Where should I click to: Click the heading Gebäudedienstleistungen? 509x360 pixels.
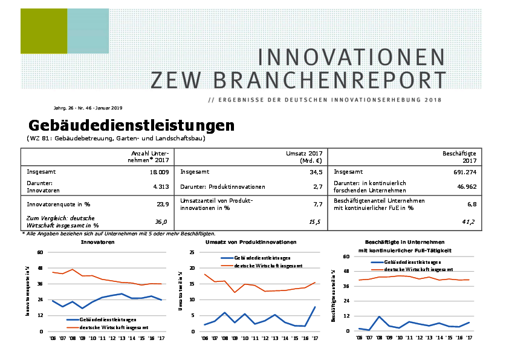[131, 126]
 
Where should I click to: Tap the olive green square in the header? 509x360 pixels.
[44, 31]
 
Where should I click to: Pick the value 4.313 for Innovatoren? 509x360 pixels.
[160, 187]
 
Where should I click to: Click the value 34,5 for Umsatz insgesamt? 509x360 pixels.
[316, 172]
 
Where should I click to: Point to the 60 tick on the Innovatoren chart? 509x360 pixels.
[41, 252]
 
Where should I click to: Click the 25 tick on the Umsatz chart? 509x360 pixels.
[192, 252]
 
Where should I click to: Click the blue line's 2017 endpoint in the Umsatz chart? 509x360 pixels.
[315, 307]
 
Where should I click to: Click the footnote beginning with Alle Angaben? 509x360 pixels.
[118, 233]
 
